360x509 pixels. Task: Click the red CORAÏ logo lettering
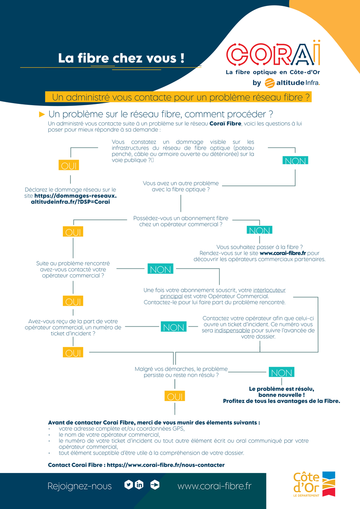click(273, 54)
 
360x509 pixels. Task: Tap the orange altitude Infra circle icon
click(270, 83)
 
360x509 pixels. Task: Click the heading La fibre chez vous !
click(121, 58)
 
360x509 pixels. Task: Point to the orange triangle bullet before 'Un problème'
click(42, 114)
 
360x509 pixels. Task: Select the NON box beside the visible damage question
click(295, 160)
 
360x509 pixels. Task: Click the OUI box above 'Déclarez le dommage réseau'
click(69, 165)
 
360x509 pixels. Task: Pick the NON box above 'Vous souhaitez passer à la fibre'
click(260, 230)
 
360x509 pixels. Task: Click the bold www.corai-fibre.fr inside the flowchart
click(283, 253)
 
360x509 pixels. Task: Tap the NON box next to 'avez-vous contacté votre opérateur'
click(160, 269)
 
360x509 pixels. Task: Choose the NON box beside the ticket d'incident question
click(174, 327)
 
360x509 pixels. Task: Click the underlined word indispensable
click(232, 330)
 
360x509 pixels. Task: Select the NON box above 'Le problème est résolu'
click(282, 372)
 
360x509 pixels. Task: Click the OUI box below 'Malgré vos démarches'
click(175, 396)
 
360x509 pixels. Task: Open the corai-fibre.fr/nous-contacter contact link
click(166, 465)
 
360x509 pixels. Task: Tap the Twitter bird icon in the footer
click(128, 485)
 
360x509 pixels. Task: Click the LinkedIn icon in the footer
click(139, 485)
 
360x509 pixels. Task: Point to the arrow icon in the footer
click(155, 485)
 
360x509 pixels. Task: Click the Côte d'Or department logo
click(314, 484)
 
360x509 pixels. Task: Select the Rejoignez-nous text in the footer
click(80, 486)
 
